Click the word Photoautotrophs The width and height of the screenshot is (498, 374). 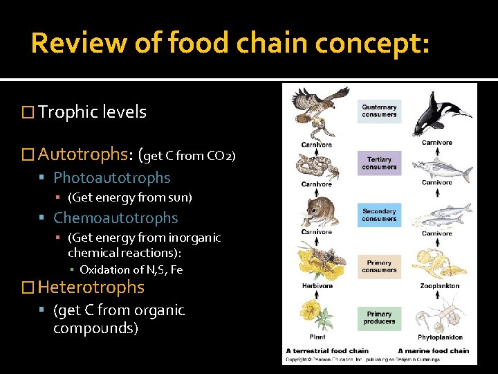click(111, 178)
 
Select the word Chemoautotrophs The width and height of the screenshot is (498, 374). click(116, 218)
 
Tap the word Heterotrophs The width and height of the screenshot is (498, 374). click(91, 287)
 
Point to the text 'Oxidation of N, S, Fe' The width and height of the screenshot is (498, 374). click(131, 269)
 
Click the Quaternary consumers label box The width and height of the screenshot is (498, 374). click(379, 111)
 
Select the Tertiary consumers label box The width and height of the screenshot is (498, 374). click(379, 163)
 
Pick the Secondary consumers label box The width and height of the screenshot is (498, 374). click(379, 215)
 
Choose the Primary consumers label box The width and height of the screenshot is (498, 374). click(379, 266)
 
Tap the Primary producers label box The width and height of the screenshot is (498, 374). click(379, 317)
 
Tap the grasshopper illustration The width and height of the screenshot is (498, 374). click(315, 262)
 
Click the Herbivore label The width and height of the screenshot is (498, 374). click(317, 285)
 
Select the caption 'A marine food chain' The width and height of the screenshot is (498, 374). click(433, 350)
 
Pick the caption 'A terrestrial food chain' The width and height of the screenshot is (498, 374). click(327, 350)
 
